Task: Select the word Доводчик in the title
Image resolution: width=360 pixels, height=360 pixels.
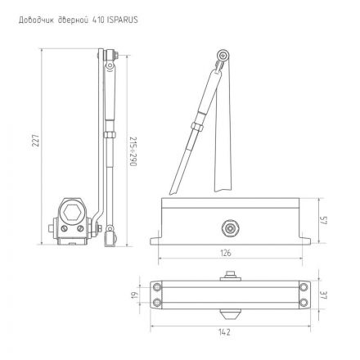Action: [32, 16]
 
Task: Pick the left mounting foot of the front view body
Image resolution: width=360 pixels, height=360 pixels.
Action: [157, 241]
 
